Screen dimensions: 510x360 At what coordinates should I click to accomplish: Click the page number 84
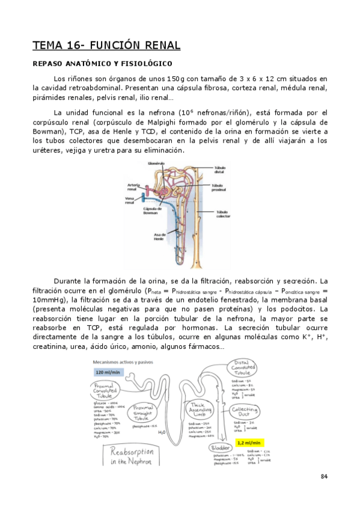[324, 477]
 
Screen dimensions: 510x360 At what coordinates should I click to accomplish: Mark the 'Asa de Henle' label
[159, 238]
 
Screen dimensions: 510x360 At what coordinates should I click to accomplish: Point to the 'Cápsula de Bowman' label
[150, 210]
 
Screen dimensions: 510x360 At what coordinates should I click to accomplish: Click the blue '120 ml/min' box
[108, 372]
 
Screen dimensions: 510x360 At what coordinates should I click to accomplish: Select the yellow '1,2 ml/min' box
[247, 443]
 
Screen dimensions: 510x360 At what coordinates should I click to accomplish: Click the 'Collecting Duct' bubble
[245, 412]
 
